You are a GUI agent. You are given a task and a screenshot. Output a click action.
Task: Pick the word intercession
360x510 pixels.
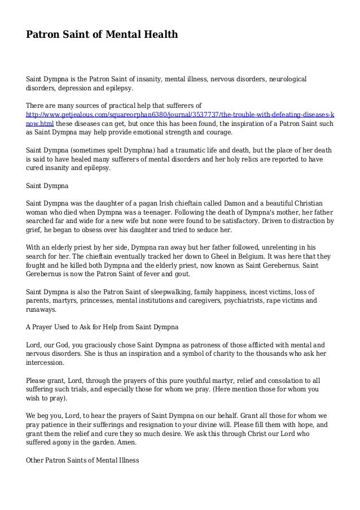[45, 363]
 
